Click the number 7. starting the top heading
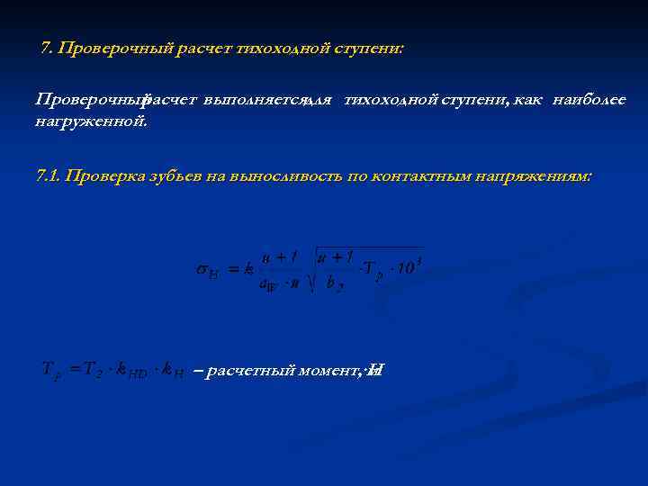(x=48, y=48)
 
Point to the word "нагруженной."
(x=91, y=120)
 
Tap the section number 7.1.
(x=49, y=177)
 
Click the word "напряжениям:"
(x=539, y=177)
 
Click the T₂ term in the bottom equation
(x=90, y=369)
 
